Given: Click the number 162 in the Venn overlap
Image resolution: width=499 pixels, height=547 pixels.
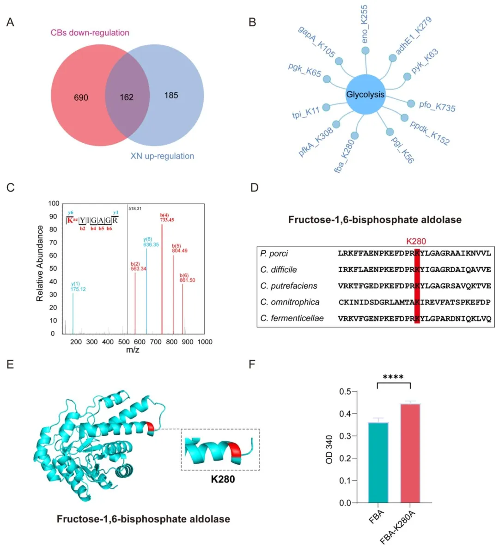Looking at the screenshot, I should click(x=127, y=97).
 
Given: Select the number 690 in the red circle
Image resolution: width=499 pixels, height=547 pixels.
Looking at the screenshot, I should click(x=81, y=97).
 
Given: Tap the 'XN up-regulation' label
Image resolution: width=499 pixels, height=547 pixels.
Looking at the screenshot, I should click(x=162, y=156).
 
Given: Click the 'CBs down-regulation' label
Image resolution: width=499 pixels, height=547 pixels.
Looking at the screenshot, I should click(x=90, y=33).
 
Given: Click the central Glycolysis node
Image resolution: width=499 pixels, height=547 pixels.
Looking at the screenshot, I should click(x=365, y=94).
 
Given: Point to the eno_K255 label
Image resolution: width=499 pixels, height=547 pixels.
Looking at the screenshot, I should click(x=364, y=24).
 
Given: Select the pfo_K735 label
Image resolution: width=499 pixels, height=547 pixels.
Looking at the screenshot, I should click(x=437, y=106).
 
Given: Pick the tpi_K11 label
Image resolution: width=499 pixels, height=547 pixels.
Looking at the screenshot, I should click(x=305, y=112).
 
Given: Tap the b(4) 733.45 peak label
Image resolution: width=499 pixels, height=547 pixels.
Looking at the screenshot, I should click(x=167, y=217).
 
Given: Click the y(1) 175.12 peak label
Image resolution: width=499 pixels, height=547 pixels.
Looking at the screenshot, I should click(x=78, y=286).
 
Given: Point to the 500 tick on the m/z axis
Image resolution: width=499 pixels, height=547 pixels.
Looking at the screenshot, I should click(x=124, y=342).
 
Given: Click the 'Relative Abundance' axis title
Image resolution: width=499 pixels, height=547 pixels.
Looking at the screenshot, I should click(x=40, y=263).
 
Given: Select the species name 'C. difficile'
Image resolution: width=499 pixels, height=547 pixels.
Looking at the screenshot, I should click(x=279, y=270).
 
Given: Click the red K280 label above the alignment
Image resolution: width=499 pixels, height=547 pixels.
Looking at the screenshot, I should click(x=416, y=241).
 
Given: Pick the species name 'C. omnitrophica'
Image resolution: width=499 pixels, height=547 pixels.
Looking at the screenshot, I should click(x=290, y=302).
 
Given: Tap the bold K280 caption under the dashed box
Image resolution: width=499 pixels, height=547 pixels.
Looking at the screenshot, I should click(x=223, y=479).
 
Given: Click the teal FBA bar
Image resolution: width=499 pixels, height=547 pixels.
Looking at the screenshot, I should click(x=378, y=462).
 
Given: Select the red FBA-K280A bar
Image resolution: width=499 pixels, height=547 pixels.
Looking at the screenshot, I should click(x=410, y=453).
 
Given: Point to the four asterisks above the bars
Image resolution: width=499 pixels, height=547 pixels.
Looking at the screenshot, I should click(x=393, y=377).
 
